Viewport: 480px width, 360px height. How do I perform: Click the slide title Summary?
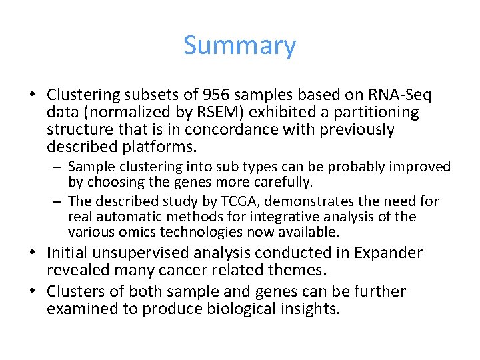click(x=239, y=45)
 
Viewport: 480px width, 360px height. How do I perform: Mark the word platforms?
click(x=167, y=147)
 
